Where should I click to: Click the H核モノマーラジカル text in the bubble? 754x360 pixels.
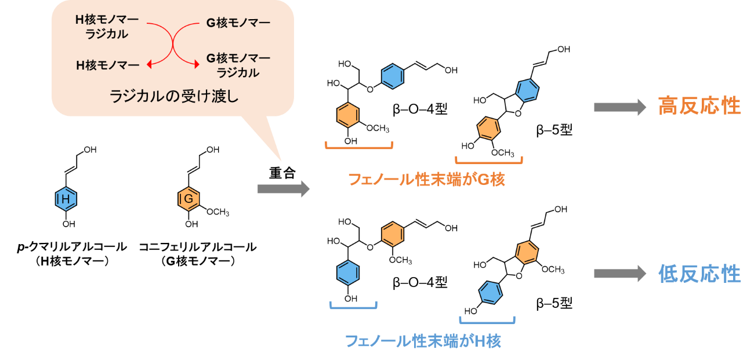[x=107, y=27]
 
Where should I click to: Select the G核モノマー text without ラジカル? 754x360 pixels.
[x=238, y=23]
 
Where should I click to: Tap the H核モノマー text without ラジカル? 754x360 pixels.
[x=108, y=66]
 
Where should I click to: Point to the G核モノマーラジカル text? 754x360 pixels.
[x=238, y=66]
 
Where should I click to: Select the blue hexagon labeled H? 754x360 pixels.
[x=66, y=199]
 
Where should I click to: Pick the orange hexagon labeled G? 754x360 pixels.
[x=188, y=199]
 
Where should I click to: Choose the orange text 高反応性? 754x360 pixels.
[x=699, y=107]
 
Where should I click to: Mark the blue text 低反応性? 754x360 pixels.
[x=699, y=274]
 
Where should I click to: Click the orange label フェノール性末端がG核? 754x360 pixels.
[x=426, y=180]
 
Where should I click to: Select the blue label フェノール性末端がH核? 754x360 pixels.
[x=423, y=341]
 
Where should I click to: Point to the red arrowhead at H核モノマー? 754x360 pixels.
[x=150, y=65]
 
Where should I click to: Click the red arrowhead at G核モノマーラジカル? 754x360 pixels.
[x=195, y=65]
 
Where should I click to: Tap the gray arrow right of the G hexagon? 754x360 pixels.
[x=284, y=189]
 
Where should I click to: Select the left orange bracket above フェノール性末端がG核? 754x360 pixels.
[x=359, y=146]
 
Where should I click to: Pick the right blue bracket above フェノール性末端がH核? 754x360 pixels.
[x=487, y=321]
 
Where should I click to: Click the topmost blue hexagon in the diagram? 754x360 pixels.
[x=393, y=77]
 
